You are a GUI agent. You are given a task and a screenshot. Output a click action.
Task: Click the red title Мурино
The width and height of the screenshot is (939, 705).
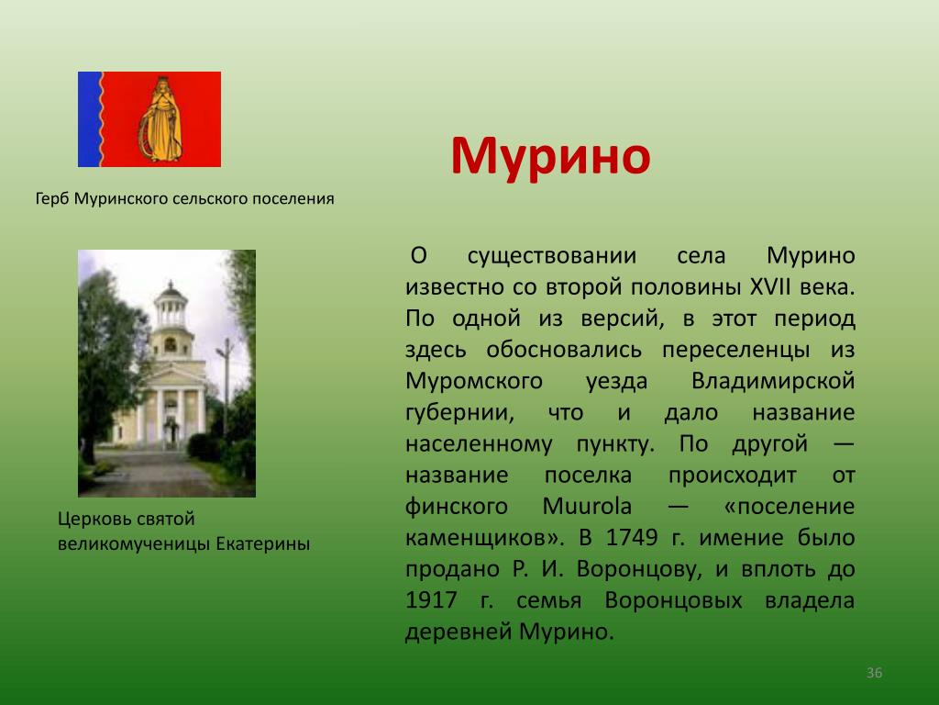[x=550, y=156]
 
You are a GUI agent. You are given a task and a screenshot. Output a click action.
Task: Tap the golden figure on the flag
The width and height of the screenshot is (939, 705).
[x=160, y=119]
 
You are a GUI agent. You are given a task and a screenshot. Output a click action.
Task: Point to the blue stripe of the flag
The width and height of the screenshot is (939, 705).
[x=90, y=119]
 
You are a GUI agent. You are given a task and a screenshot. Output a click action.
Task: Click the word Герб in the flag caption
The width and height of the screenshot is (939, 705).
[x=52, y=198]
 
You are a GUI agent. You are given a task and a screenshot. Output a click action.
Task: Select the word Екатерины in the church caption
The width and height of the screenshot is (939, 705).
[x=263, y=543]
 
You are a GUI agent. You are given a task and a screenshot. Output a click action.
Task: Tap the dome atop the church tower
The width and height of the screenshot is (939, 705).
[x=171, y=291]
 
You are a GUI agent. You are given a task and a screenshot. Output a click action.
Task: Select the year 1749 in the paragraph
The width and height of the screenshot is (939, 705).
[x=632, y=537]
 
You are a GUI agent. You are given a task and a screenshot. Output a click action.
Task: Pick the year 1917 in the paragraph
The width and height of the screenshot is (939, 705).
[x=431, y=600]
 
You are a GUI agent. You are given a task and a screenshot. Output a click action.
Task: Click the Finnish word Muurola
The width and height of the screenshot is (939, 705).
[x=587, y=506]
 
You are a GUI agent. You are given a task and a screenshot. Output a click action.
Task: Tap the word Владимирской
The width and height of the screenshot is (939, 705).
[x=773, y=381]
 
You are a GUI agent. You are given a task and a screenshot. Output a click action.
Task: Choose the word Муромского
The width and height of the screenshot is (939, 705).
[x=474, y=381]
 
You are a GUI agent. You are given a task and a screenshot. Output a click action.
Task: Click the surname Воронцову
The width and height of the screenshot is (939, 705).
[x=639, y=569]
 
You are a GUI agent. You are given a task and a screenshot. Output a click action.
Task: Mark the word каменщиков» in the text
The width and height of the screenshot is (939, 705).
[x=484, y=538]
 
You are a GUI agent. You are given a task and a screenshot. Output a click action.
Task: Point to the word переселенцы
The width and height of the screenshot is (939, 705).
[x=736, y=350]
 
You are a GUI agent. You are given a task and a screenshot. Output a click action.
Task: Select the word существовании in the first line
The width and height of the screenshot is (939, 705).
[x=551, y=256]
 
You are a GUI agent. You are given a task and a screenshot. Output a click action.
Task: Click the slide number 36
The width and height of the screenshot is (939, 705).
[x=874, y=673]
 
